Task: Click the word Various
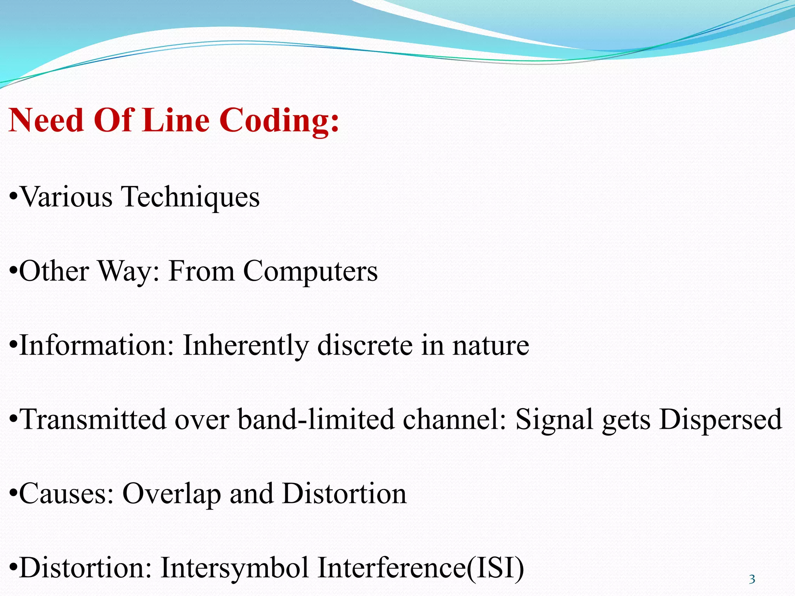coord(66,197)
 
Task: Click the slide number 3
coord(752,579)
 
